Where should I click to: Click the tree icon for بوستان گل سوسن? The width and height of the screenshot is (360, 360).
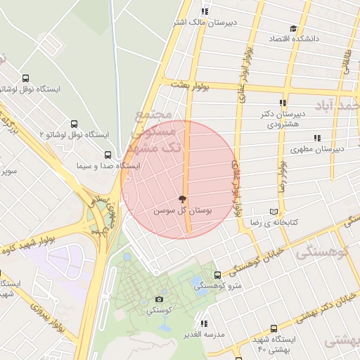(x=183, y=199)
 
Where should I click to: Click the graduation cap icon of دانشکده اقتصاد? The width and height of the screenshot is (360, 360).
(x=293, y=29)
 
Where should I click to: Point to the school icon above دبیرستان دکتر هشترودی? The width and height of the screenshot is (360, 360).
(x=283, y=103)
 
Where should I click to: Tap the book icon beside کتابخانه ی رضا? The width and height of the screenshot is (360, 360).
(x=274, y=211)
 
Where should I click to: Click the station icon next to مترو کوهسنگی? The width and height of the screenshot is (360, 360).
(x=217, y=275)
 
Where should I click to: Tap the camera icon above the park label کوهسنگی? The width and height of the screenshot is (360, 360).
(x=159, y=300)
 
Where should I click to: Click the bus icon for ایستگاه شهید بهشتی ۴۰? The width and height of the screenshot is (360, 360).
(x=274, y=328)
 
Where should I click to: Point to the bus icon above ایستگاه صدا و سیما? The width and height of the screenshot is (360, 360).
(x=108, y=155)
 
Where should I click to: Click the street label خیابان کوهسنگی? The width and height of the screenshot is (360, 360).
(x=261, y=260)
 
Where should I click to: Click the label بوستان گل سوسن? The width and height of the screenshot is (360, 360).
(x=184, y=210)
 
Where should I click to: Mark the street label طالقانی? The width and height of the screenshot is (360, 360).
(x=346, y=60)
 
